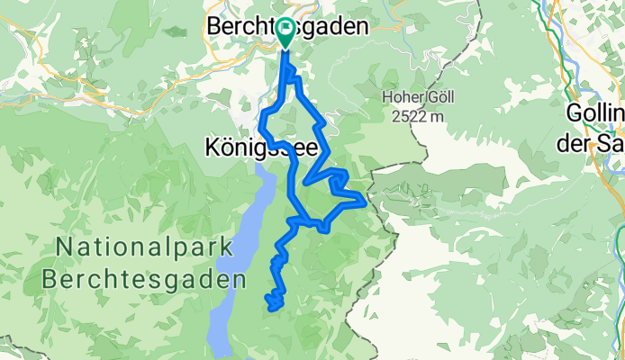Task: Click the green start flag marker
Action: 285,32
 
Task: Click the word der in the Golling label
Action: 582,137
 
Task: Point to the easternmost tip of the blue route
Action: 364,202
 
